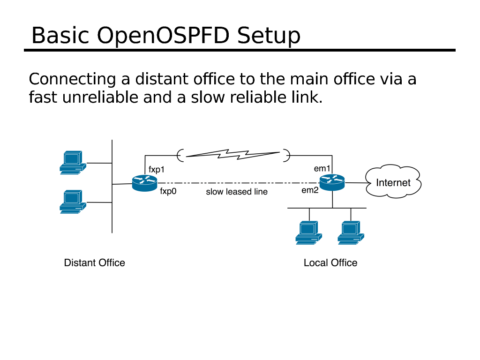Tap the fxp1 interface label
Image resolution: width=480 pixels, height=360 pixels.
157,169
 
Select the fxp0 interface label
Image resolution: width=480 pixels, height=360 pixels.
168,191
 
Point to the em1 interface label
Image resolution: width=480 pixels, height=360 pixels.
322,168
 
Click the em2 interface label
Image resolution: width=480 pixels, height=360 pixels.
310,190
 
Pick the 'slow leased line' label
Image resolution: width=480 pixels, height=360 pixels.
237,192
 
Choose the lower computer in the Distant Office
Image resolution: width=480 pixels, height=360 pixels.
73,202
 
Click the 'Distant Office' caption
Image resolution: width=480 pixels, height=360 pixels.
94,263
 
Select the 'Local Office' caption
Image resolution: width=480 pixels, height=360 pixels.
330,263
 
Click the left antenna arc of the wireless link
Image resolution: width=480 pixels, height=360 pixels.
180,154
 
